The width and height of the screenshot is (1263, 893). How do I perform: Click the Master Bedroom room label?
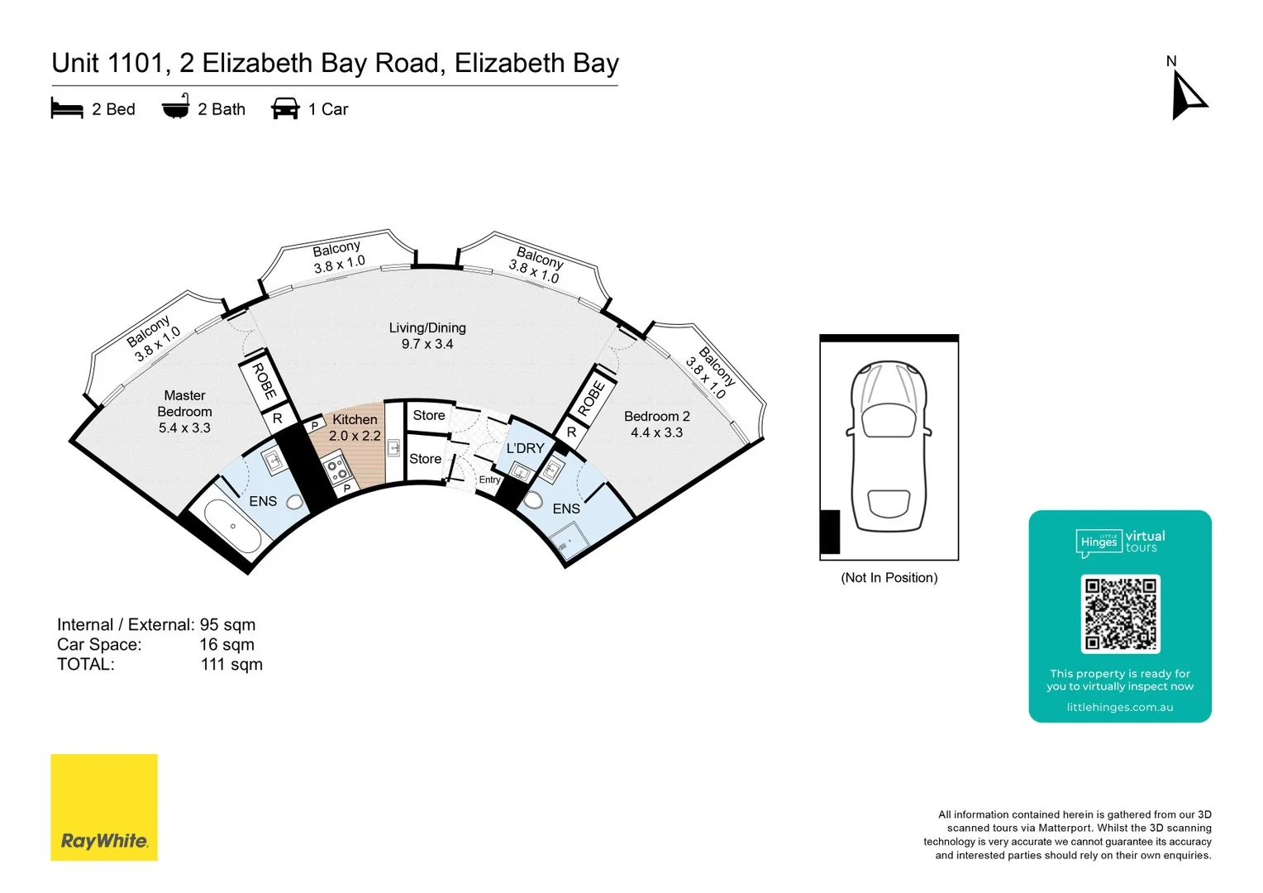coord(184,411)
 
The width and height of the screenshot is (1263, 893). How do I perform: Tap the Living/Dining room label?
coord(427,336)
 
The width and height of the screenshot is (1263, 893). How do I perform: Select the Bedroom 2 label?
coord(656,424)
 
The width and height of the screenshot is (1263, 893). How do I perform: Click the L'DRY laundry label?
coord(526,448)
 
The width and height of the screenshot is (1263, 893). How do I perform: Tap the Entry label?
coord(489,480)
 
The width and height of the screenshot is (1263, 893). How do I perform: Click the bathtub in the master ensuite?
coord(232,527)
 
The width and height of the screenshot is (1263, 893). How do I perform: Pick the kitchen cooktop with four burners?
coord(337,470)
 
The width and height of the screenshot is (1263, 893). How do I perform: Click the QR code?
coord(1120,614)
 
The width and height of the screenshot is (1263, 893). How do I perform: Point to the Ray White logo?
coord(104,807)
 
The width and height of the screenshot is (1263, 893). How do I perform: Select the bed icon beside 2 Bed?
coord(67,108)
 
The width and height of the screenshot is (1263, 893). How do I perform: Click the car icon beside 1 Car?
coord(285,108)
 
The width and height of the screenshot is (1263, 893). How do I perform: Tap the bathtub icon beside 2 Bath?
coord(175,107)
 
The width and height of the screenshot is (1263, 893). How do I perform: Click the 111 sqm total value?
coord(231,664)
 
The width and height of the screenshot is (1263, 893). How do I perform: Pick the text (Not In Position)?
coord(889,577)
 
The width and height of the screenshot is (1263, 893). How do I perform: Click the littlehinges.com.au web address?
coord(1119,707)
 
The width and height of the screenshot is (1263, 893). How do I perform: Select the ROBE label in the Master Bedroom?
coord(264,381)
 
